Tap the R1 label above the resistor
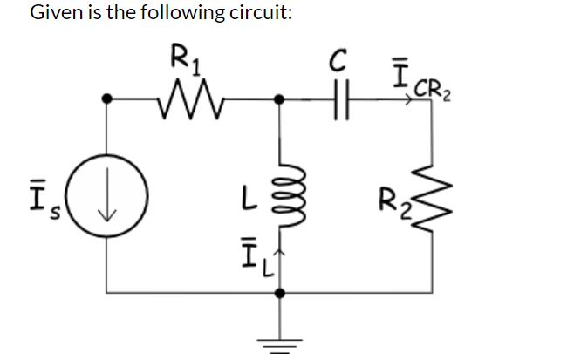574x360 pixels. [x=184, y=62]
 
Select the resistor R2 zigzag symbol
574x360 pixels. [x=434, y=208]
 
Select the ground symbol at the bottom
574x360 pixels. [x=280, y=335]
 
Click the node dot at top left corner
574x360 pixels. [x=107, y=100]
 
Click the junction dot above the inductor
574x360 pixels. [x=279, y=100]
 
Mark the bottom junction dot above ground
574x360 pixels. [x=279, y=294]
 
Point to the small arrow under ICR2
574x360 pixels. [x=408, y=101]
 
